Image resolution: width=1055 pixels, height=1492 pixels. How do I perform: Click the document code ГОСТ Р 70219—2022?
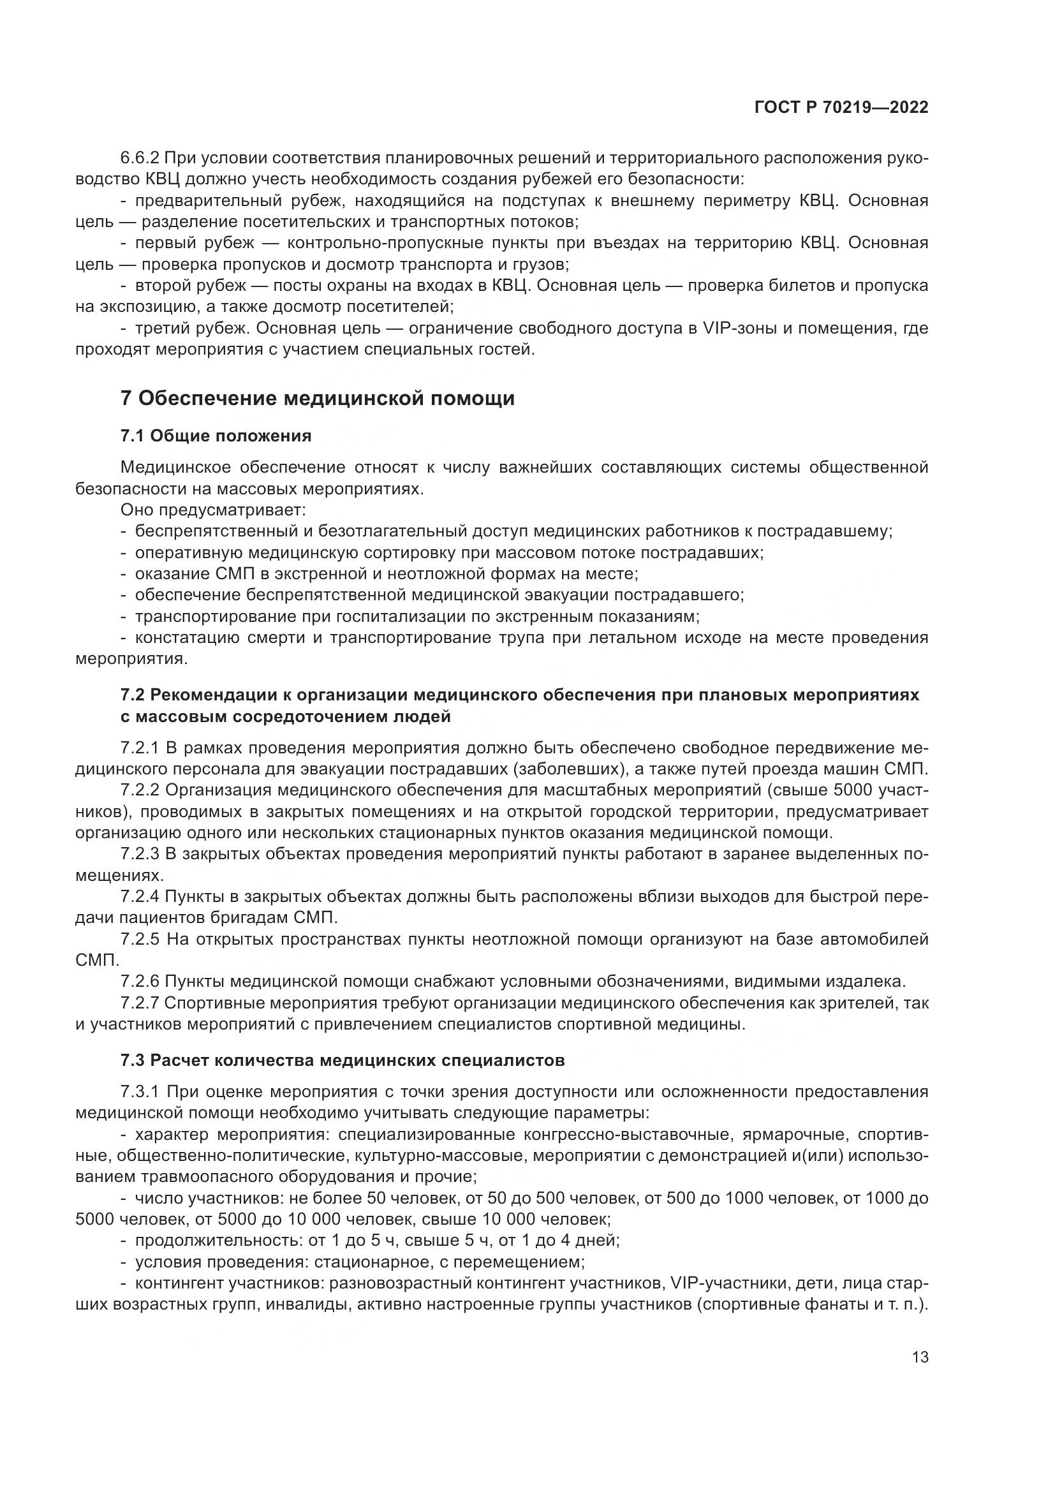click(x=841, y=108)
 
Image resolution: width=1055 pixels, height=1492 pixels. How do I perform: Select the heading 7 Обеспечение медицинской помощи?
click(x=317, y=398)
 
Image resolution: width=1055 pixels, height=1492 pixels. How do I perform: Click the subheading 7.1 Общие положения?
click(x=216, y=436)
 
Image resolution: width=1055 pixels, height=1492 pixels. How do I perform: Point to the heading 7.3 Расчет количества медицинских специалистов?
click(x=343, y=1061)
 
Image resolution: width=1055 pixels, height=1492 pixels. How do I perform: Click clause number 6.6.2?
click(x=140, y=158)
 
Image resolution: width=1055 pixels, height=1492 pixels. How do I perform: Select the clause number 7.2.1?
click(x=140, y=748)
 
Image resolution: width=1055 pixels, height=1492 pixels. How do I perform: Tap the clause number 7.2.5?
click(x=140, y=940)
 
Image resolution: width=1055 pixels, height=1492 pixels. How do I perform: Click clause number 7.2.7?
click(x=140, y=1003)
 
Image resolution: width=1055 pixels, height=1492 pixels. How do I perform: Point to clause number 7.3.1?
click(x=140, y=1091)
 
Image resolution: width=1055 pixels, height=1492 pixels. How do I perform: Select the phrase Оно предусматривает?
click(x=213, y=510)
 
